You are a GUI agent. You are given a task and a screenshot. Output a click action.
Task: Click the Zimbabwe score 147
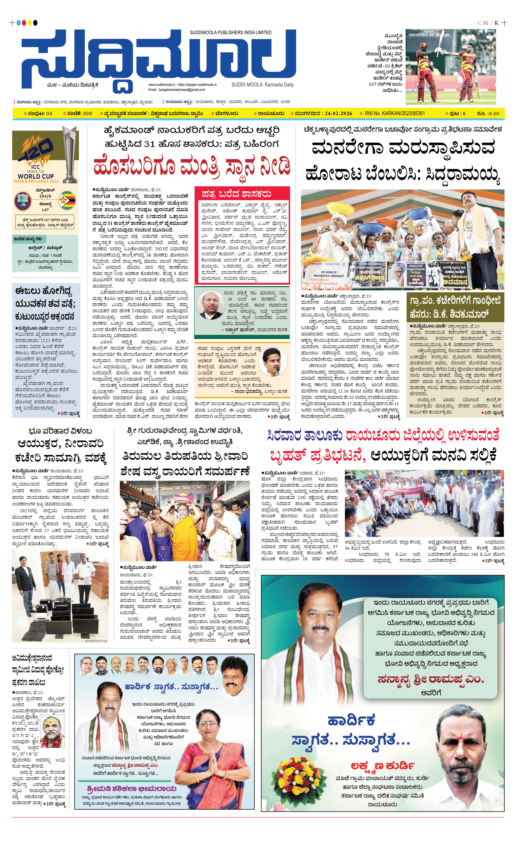click(x=45, y=210)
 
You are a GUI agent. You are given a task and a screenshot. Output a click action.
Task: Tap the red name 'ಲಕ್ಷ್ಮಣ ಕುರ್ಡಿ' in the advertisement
click(x=382, y=765)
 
